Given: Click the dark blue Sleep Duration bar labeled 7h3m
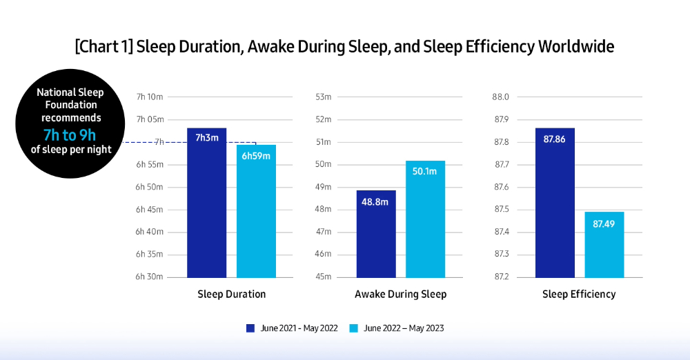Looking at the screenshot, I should pyautogui.click(x=206, y=203).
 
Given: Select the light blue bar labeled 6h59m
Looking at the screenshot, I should pyautogui.click(x=256, y=211).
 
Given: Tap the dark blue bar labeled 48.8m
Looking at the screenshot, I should pyautogui.click(x=376, y=234).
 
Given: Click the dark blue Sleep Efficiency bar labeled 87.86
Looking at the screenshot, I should pyautogui.click(x=555, y=203).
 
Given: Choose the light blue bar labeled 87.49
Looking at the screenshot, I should pyautogui.click(x=604, y=244).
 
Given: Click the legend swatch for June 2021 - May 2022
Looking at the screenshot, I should pyautogui.click(x=250, y=328).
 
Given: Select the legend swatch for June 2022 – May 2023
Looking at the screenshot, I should pyautogui.click(x=354, y=328).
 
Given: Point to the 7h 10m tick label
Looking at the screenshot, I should pyautogui.click(x=150, y=97).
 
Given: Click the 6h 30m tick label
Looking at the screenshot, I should pyautogui.click(x=149, y=277).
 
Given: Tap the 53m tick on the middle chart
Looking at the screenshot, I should pyautogui.click(x=324, y=97).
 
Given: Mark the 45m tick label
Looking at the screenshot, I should pyautogui.click(x=324, y=277).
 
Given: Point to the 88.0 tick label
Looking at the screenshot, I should pyautogui.click(x=500, y=97).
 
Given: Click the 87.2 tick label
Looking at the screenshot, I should pyautogui.click(x=500, y=277).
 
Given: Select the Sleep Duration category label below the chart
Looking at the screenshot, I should pyautogui.click(x=231, y=294).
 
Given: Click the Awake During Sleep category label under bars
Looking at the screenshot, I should pyautogui.click(x=400, y=294).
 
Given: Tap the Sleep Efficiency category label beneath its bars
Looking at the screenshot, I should pyautogui.click(x=579, y=294).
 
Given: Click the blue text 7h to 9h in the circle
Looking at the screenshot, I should pyautogui.click(x=70, y=135).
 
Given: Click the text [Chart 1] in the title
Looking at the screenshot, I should pyautogui.click(x=103, y=47).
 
